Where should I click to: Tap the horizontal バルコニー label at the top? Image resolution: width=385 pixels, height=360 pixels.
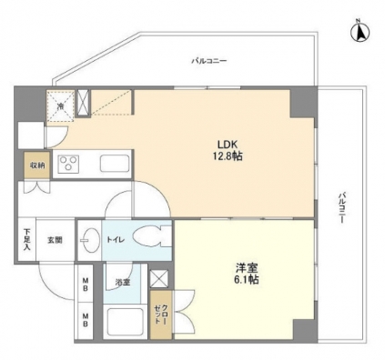209,61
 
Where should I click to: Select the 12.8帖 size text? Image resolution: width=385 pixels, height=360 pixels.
228,155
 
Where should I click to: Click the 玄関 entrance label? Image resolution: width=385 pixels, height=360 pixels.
56,240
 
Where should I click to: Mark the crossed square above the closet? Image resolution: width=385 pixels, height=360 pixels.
159,279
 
